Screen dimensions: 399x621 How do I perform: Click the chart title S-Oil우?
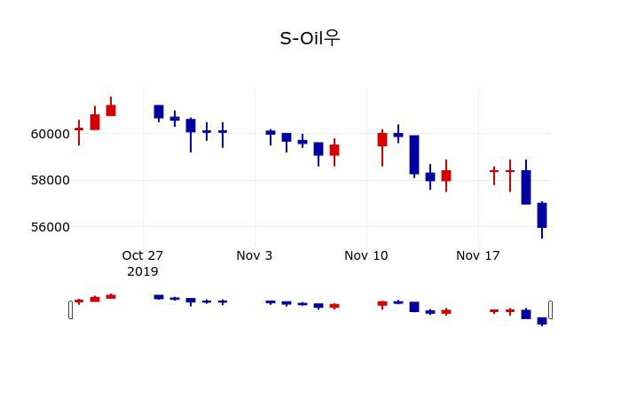point(310,38)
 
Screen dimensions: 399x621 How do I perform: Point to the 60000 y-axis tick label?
point(50,134)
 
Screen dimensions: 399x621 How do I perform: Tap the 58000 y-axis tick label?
point(50,180)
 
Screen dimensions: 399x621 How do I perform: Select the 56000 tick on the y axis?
point(50,227)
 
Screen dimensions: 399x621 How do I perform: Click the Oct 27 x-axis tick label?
point(143,255)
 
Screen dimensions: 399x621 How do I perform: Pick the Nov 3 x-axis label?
point(255,255)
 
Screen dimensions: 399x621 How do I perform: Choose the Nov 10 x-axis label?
point(366,255)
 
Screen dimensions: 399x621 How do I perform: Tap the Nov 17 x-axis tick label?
point(478,255)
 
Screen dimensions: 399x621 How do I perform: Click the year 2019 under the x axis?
point(143,271)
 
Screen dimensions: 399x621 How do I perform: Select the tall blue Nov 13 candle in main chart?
point(414,154)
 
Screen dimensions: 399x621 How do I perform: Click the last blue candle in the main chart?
point(542,215)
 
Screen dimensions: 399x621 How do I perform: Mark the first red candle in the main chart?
point(79,129)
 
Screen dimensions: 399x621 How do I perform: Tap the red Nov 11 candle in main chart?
point(382,139)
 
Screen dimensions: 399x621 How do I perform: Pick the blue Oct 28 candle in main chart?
point(159,112)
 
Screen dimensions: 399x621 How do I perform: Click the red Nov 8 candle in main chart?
point(334,150)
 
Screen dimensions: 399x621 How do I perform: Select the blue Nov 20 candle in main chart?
point(526,187)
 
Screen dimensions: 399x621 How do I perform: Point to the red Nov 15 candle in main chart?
point(446,176)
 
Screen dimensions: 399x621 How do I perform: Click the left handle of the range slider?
point(71,309)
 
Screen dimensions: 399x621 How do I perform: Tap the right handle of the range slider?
point(550,309)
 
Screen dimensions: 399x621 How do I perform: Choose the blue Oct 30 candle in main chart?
point(191,125)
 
